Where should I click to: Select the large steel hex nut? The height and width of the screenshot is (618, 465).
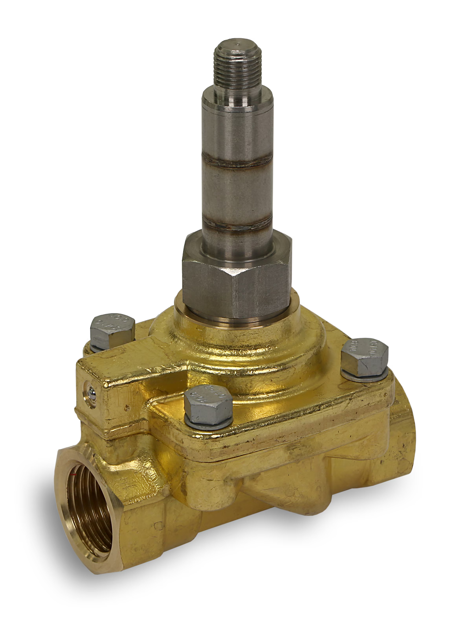pyautogui.click(x=236, y=282)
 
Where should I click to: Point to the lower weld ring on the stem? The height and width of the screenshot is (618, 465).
pyautogui.click(x=237, y=224)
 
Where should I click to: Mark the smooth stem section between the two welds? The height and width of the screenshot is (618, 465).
pyautogui.click(x=237, y=193)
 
